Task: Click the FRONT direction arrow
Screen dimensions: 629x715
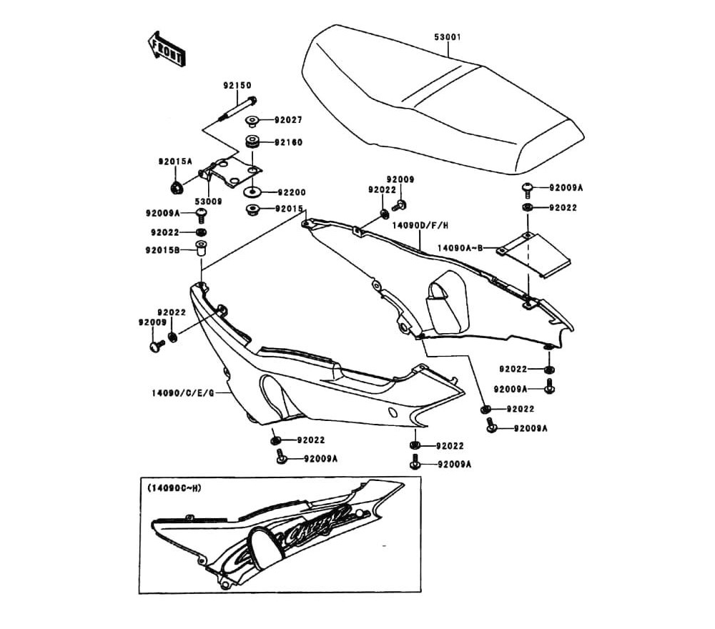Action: pos(167,49)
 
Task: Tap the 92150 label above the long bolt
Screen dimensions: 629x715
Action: pos(237,85)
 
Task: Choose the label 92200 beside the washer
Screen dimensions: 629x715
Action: pos(290,192)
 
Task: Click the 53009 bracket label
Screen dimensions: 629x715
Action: pos(208,202)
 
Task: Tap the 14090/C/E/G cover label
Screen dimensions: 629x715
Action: pos(182,392)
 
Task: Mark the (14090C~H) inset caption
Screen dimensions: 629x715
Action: pos(174,488)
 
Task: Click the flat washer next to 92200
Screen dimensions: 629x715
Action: pos(253,192)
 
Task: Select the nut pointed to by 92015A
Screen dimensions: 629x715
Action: pos(175,188)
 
